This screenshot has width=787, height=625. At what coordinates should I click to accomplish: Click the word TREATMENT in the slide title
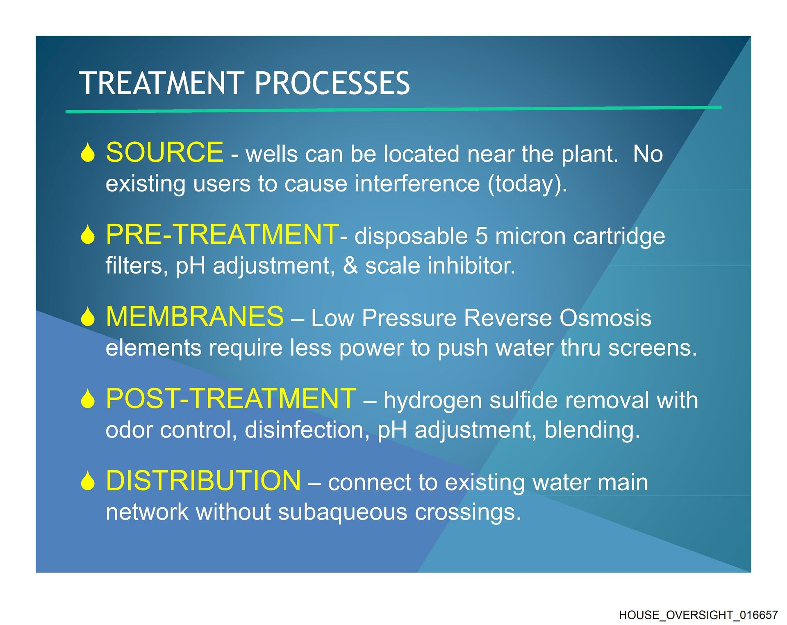[x=162, y=83]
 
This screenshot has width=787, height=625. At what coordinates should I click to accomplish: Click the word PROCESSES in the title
[x=332, y=83]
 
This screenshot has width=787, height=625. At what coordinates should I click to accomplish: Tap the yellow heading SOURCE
[x=165, y=152]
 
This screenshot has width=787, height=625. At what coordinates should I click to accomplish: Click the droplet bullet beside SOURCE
[x=88, y=153]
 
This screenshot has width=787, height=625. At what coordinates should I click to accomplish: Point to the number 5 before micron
[x=482, y=237]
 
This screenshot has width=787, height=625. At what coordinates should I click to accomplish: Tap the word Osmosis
[x=605, y=318]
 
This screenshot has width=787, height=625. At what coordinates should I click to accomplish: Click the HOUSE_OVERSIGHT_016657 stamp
[x=698, y=615]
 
